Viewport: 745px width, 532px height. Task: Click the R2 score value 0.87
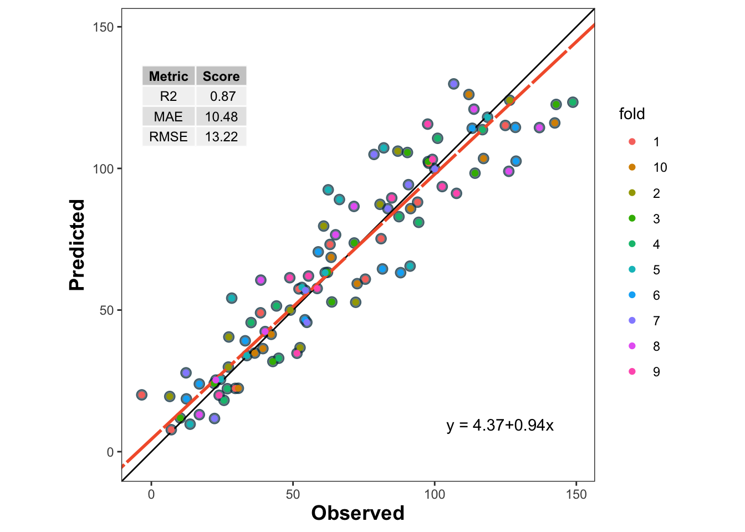click(x=222, y=96)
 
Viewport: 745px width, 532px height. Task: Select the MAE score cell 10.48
click(x=221, y=117)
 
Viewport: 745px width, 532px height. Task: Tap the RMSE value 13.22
click(x=221, y=137)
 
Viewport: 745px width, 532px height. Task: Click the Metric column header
click(x=169, y=76)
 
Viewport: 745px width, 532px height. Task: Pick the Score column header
click(x=221, y=76)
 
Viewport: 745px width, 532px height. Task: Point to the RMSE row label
click(x=169, y=137)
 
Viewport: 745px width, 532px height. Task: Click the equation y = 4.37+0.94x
click(x=500, y=426)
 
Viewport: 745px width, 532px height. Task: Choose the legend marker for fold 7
click(x=632, y=321)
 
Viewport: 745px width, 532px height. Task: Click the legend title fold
click(x=632, y=114)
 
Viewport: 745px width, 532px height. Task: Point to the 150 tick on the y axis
click(x=103, y=27)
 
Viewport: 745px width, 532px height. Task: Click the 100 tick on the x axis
click(x=435, y=495)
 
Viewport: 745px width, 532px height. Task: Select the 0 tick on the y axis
click(x=110, y=452)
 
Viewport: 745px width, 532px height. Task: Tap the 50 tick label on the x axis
click(x=293, y=495)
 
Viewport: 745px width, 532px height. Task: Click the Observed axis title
click(x=358, y=513)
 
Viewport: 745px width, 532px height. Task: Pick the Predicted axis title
click(x=77, y=245)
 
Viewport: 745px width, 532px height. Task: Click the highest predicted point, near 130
click(x=453, y=84)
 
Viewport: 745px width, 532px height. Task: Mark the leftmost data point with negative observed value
click(x=142, y=395)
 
